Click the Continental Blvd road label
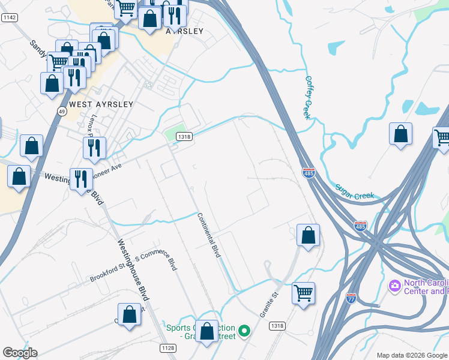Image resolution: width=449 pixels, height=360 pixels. pyautogui.click(x=209, y=235)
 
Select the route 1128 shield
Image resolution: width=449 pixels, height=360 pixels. pyautogui.click(x=168, y=348)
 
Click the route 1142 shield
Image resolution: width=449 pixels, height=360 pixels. pyautogui.click(x=9, y=18)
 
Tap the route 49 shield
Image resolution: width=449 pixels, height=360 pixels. pyautogui.click(x=62, y=111)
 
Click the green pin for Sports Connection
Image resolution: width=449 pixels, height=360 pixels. pyautogui.click(x=244, y=330)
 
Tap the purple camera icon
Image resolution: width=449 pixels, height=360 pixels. pyautogui.click(x=395, y=284)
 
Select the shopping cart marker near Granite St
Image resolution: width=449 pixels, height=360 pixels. pyautogui.click(x=303, y=293)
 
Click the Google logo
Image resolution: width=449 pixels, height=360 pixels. pyautogui.click(x=20, y=353)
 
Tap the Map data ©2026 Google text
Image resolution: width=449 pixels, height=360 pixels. pyautogui.click(x=412, y=355)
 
